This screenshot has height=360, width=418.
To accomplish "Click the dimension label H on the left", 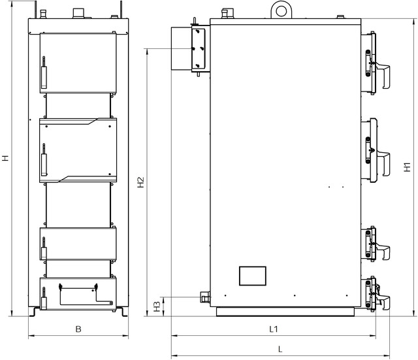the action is pos(6,158).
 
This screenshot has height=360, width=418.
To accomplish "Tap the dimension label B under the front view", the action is pos(78,329).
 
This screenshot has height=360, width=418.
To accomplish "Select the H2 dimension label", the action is pos(140,182).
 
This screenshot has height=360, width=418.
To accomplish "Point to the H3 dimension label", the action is pos(157,306).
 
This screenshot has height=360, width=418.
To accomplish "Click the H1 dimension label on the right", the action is pos(407,167).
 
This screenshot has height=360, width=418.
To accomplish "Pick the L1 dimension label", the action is pos(274,329).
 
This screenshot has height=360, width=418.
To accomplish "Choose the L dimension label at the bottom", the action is pos(280,349).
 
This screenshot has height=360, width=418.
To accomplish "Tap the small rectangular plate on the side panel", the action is pos(253,276).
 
